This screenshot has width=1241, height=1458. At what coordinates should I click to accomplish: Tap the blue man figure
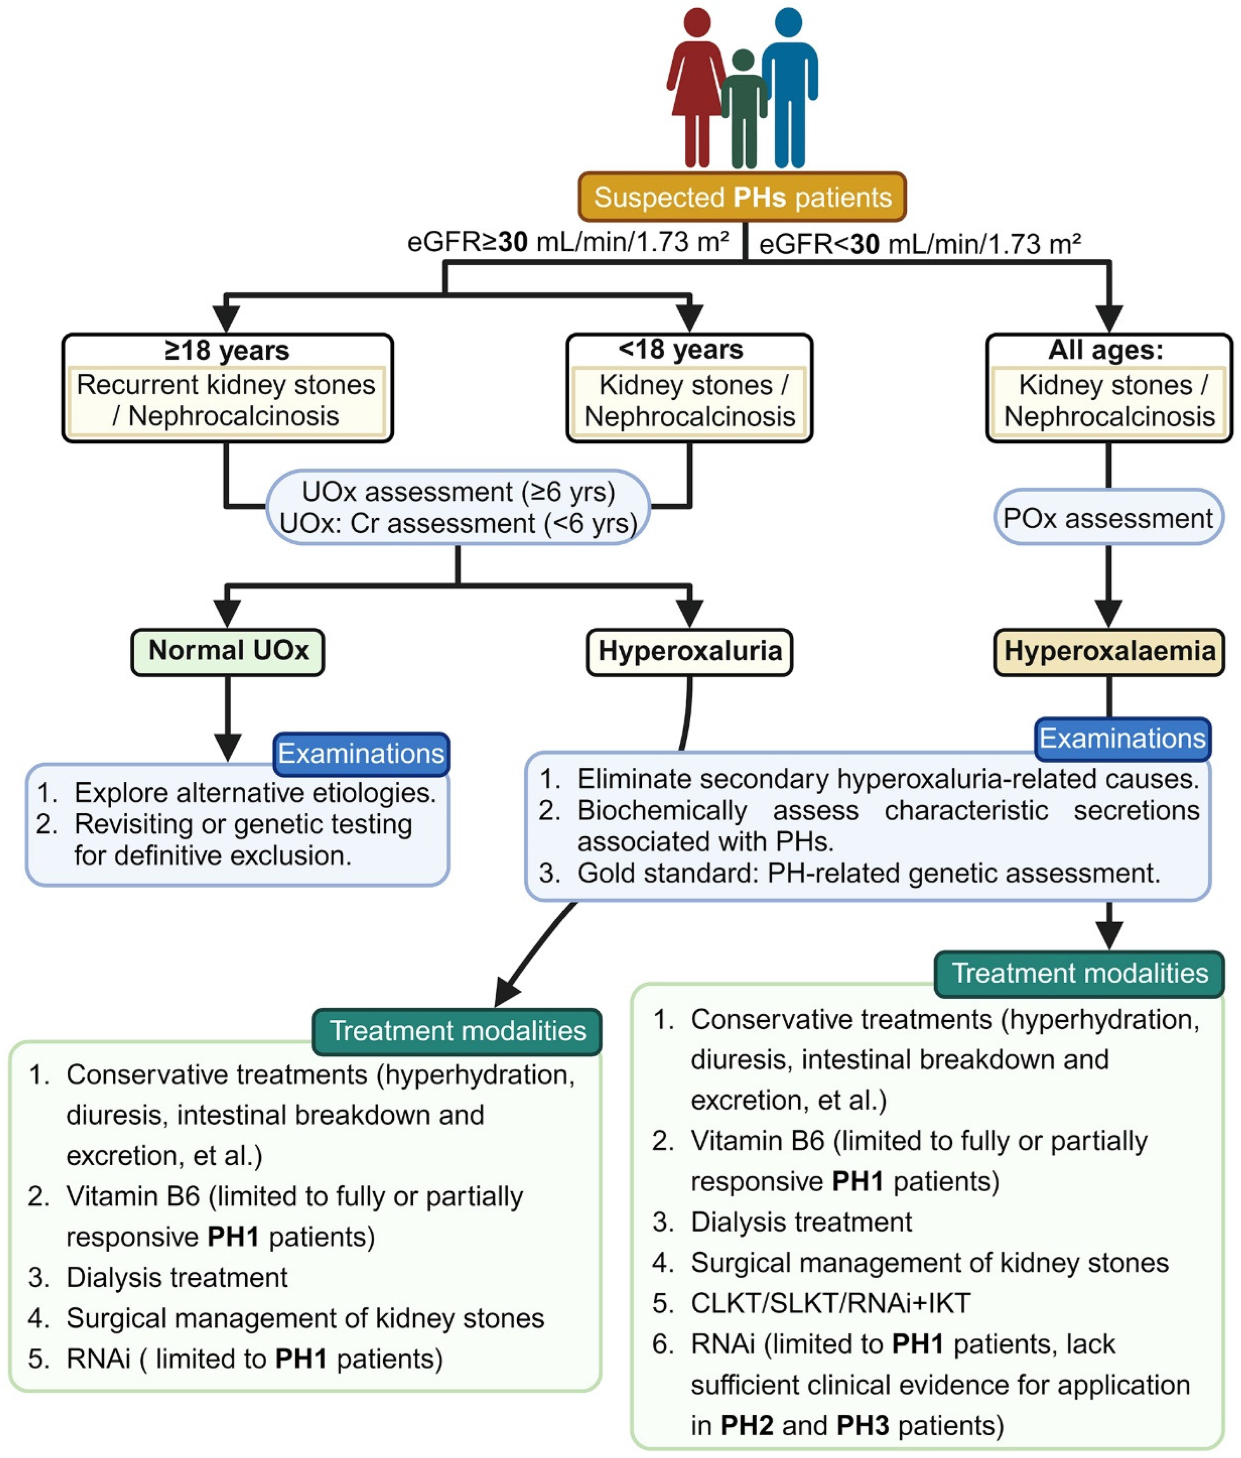[789, 88]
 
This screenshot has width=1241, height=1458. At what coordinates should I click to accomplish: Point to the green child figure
[744, 109]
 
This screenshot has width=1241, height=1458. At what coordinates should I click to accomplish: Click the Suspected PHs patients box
[742, 197]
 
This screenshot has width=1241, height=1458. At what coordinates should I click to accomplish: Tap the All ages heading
[1106, 350]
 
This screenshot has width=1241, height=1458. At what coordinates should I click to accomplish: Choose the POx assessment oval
[1109, 518]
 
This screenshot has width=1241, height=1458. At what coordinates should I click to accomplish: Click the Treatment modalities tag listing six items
[1080, 974]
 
